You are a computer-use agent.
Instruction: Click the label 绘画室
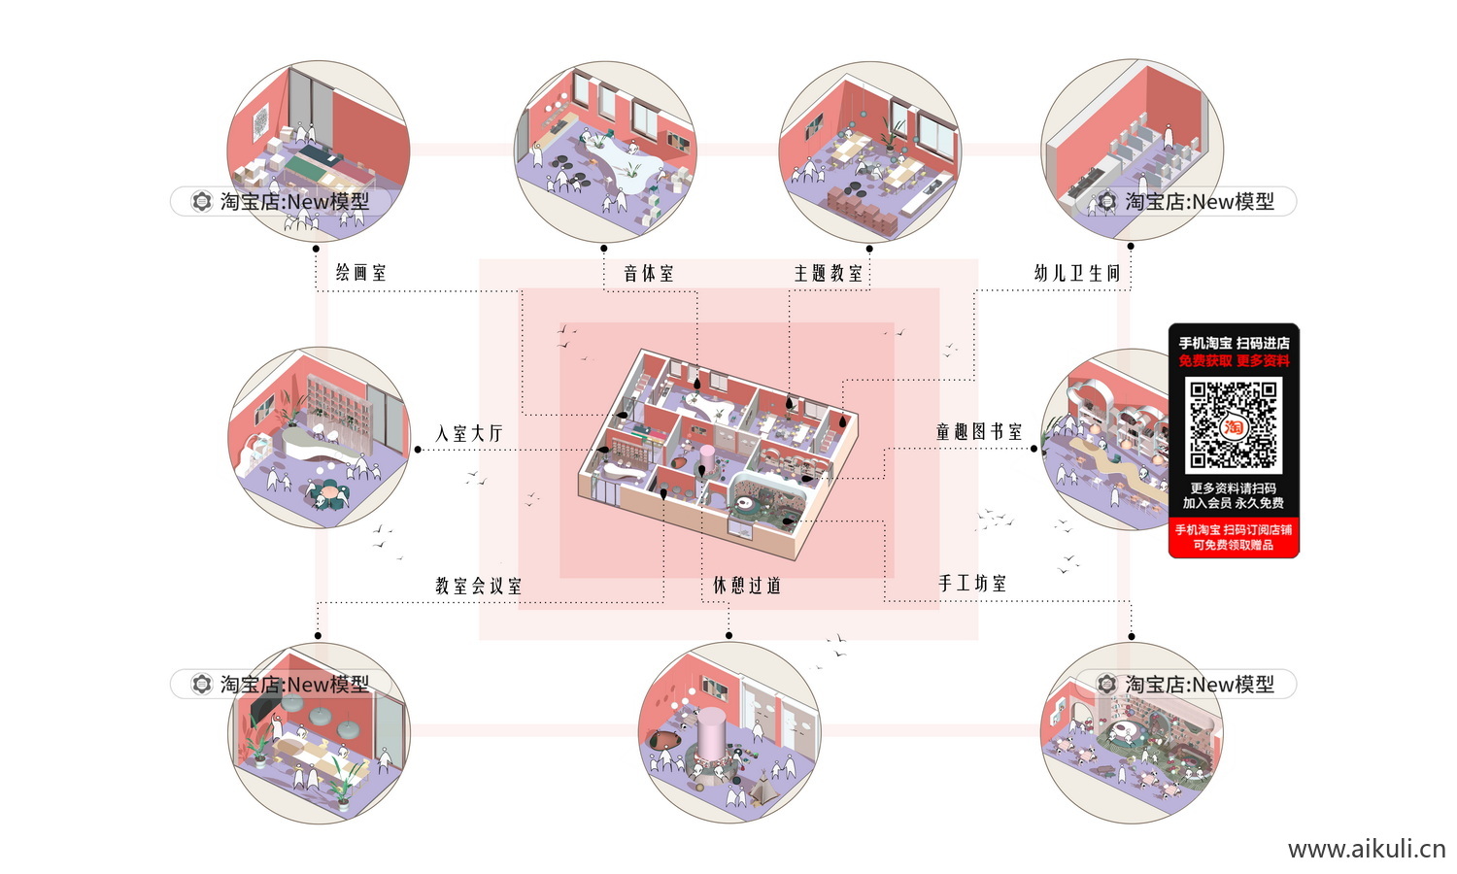pyautogui.click(x=361, y=273)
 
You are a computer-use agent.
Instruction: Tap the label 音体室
pyautogui.click(x=649, y=274)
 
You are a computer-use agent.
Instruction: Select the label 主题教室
pyautogui.click(x=829, y=274)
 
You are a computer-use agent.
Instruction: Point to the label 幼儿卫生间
pyautogui.click(x=1077, y=274)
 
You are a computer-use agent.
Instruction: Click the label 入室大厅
pyautogui.click(x=470, y=433)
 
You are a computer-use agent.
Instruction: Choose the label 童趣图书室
pyautogui.click(x=979, y=432)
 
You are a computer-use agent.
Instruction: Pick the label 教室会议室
pyautogui.click(x=478, y=586)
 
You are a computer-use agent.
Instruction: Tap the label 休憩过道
pyautogui.click(x=747, y=586)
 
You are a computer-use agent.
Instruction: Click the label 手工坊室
pyautogui.click(x=972, y=584)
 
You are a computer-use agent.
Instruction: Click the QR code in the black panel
pyautogui.click(x=1234, y=424)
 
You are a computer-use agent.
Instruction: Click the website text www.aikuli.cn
pyautogui.click(x=1367, y=849)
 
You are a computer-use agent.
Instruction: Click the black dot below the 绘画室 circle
pyautogui.click(x=317, y=249)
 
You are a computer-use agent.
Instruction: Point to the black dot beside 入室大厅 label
pyautogui.click(x=418, y=450)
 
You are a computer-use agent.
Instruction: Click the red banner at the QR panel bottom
pyautogui.click(x=1234, y=537)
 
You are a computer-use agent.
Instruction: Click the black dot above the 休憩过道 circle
pyautogui.click(x=728, y=635)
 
